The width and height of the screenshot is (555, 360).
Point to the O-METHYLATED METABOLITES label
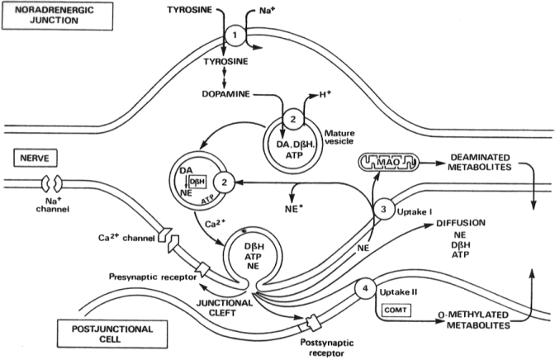483,320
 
